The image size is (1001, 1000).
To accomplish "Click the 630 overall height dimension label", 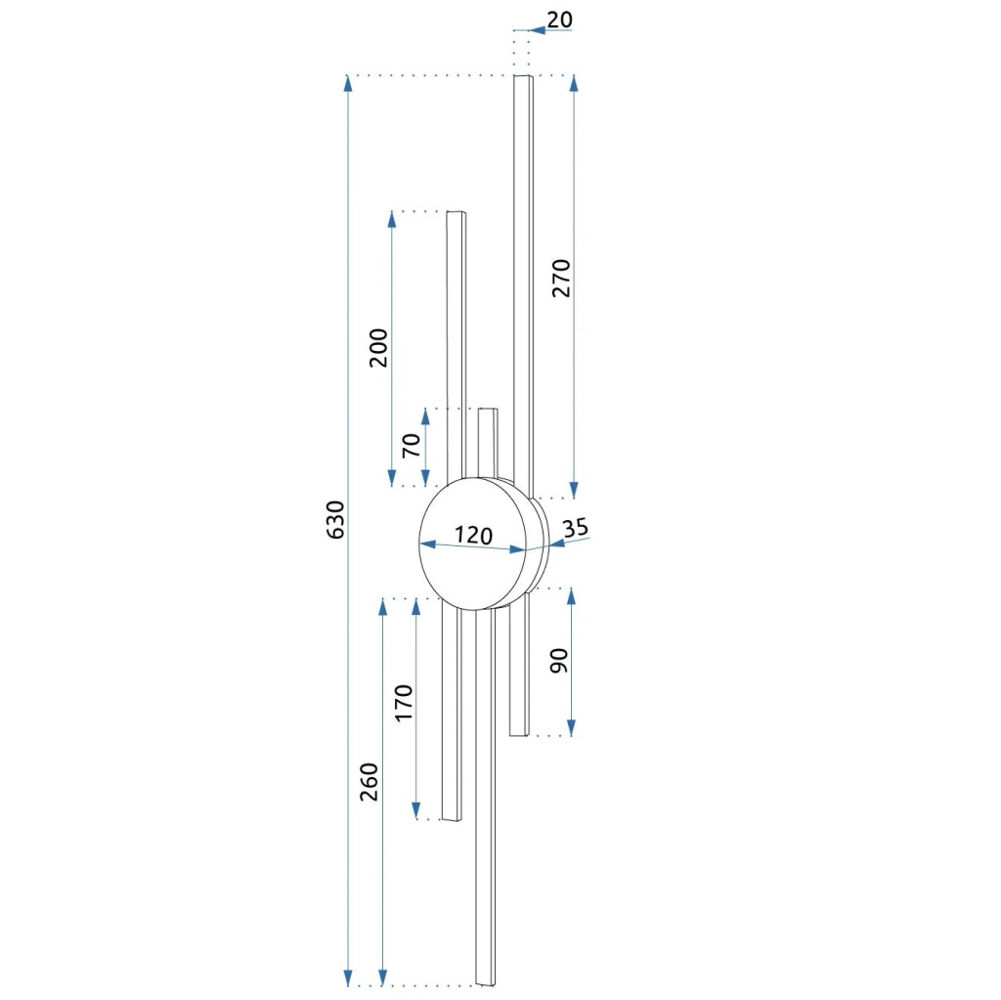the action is [336, 520].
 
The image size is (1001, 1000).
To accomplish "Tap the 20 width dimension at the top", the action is [559, 20].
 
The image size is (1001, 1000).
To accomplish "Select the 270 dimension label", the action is [561, 278].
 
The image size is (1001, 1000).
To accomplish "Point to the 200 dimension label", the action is [378, 347].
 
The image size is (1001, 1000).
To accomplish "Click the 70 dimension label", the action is [412, 445].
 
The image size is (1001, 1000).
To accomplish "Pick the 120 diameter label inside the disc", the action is [473, 535].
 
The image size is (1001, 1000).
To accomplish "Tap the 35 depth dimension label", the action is [575, 528].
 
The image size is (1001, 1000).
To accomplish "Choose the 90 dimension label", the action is [558, 660].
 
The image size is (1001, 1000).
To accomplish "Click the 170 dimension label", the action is [404, 703].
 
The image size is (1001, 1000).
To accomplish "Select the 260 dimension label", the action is [369, 782].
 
